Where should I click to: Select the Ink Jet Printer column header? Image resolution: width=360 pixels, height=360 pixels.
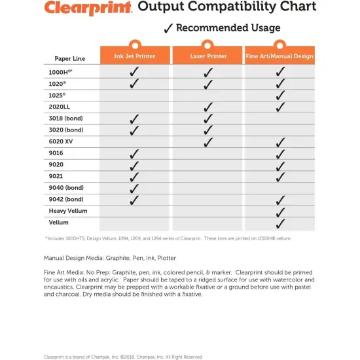(134, 56)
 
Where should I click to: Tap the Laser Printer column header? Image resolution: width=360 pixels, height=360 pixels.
(207, 56)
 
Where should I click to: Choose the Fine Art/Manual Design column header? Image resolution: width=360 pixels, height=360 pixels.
(280, 56)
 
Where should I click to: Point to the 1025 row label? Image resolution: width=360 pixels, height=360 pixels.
(58, 95)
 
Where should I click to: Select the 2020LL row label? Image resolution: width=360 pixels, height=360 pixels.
(60, 106)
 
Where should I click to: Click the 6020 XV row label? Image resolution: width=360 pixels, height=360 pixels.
(61, 141)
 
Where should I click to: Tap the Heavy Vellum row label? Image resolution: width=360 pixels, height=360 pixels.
(68, 211)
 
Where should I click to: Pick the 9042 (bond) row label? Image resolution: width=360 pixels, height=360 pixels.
(66, 199)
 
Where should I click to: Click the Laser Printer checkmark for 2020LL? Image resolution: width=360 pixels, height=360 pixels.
(208, 107)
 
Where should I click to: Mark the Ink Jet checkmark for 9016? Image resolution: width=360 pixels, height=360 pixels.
(134, 153)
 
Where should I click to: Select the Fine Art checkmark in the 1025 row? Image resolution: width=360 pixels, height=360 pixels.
(280, 95)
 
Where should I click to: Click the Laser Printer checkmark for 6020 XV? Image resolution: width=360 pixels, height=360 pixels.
(208, 141)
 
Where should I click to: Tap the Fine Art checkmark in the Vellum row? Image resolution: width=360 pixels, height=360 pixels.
(280, 223)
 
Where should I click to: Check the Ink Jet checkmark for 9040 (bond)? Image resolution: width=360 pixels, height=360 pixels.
(134, 188)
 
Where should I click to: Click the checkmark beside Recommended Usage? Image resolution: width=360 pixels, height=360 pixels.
(168, 28)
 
